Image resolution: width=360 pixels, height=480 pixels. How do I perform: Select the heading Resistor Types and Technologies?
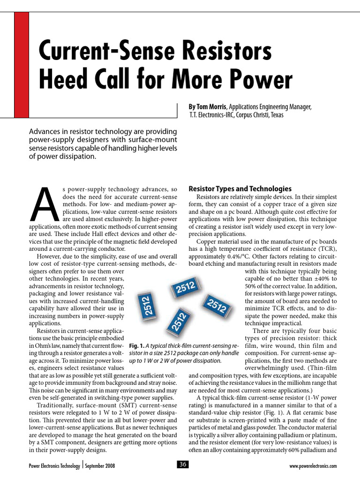[240, 188]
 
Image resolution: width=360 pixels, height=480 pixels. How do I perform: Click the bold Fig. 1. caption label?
[137, 345]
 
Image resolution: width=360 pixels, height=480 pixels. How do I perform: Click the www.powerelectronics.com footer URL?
[314, 466]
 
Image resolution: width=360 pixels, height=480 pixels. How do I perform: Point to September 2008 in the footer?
[100, 466]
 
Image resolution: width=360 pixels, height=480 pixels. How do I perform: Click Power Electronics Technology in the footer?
[53, 466]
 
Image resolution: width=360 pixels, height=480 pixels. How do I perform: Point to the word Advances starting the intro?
[45, 131]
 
